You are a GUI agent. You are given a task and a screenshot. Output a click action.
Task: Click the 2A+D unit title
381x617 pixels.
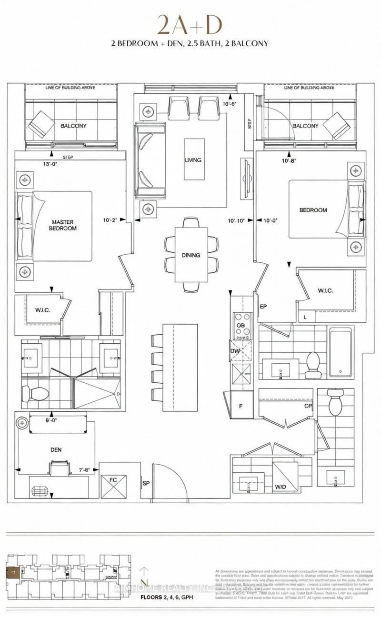[x=190, y=25]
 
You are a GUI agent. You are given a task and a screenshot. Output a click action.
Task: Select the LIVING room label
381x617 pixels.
[x=193, y=160]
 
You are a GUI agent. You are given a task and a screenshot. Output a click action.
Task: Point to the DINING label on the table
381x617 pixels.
[x=190, y=255]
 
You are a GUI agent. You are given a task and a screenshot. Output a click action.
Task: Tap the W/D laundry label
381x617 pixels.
[x=281, y=487]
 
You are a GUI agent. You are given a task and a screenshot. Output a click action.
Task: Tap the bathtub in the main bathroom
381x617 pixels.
[x=340, y=352]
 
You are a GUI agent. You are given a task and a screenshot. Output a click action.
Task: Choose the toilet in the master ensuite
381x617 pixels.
[x=36, y=394]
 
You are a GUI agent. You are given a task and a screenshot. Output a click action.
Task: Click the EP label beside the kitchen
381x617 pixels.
[x=262, y=308]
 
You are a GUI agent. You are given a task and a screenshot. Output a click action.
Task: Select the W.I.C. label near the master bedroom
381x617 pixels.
[x=42, y=310]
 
